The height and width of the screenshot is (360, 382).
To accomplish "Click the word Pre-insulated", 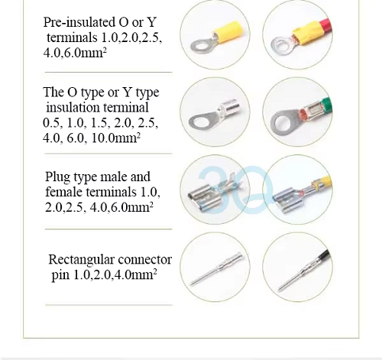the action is [79, 22].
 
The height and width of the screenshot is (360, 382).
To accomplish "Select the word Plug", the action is [57, 177].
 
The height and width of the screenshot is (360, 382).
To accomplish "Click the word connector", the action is [145, 260].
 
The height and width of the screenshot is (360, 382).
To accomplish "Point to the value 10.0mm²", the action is [115, 138].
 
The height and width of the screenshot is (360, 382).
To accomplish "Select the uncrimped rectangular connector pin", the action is [216, 268].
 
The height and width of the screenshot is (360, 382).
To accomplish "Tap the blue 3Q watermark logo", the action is [235, 190].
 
